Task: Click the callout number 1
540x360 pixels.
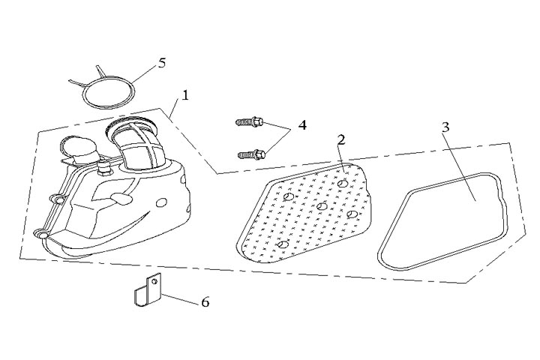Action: tap(185, 97)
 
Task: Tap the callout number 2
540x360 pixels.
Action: tap(340, 140)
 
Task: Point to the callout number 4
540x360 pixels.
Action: tap(301, 124)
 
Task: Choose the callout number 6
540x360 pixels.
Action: tap(204, 302)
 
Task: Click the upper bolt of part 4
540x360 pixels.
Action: tap(248, 120)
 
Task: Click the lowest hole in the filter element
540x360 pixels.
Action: tap(282, 244)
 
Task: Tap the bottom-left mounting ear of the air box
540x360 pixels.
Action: tap(43, 234)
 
